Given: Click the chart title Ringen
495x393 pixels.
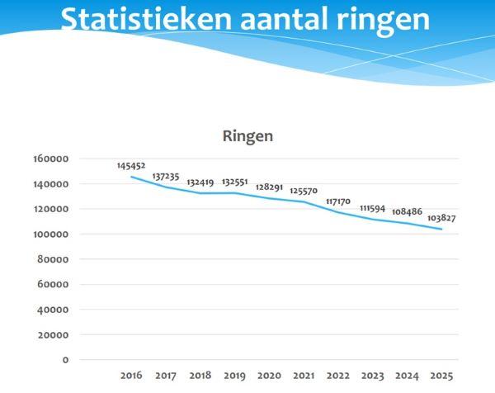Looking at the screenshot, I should [x=247, y=136].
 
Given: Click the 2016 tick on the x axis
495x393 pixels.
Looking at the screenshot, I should [x=131, y=376].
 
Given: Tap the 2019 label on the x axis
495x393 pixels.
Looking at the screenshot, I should [x=235, y=376].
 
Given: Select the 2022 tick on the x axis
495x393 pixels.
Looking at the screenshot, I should [x=338, y=376].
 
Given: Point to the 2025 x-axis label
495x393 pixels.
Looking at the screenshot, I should [x=442, y=376].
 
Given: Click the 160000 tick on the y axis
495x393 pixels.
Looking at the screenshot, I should [x=50, y=159].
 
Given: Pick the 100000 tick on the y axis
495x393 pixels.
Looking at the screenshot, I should [x=50, y=234].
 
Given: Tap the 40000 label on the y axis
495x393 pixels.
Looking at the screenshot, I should [x=53, y=310].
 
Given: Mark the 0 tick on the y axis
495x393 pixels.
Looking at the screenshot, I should [x=66, y=360].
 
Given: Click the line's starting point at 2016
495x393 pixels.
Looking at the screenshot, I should [x=131, y=177].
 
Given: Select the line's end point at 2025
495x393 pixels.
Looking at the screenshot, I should [x=442, y=229].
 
